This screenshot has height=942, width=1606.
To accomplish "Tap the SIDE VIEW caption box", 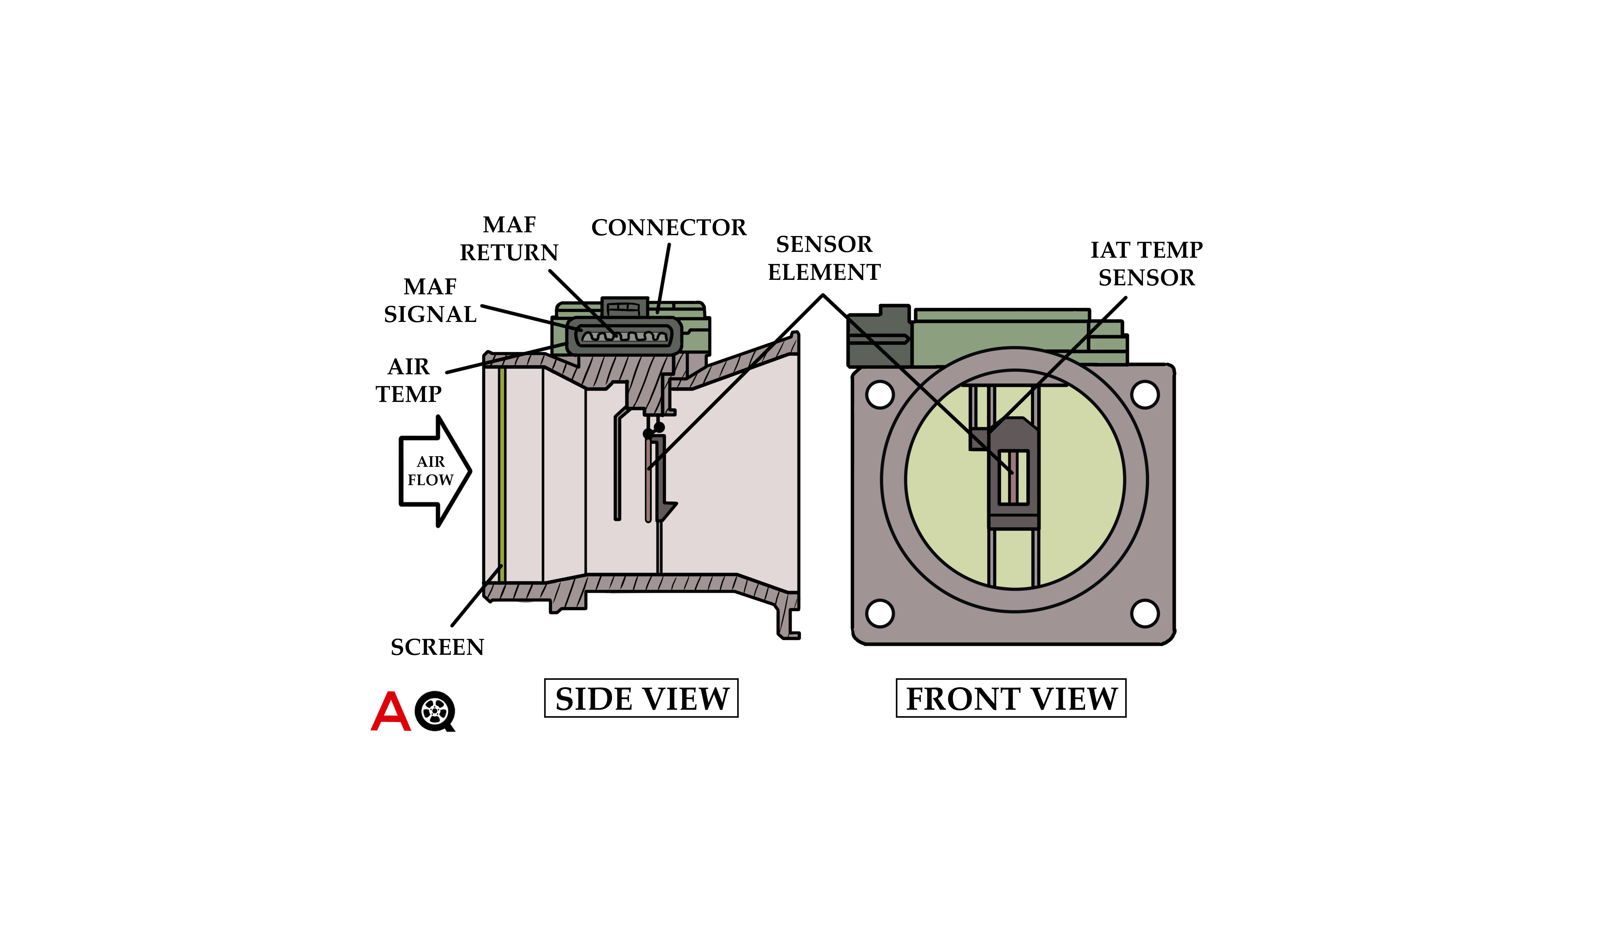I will [x=641, y=698].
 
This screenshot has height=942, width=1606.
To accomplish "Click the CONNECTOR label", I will [x=668, y=227].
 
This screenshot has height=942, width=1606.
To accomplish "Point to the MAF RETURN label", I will [x=509, y=239].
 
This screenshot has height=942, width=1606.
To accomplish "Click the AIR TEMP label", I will [x=409, y=380].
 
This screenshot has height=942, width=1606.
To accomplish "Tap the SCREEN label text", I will [x=437, y=648].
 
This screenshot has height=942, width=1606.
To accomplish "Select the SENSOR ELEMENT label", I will [x=824, y=258].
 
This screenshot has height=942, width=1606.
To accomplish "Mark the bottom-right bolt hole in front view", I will [x=1144, y=613].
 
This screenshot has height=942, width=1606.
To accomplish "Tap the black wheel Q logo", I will [x=435, y=711].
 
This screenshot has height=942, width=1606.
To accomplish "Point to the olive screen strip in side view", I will [x=502, y=475].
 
